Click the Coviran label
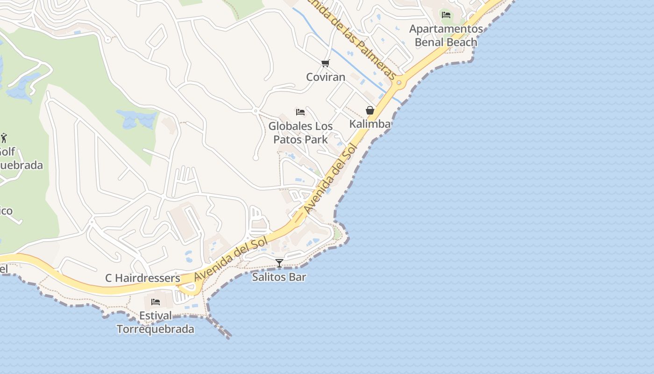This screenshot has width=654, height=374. [x=326, y=77]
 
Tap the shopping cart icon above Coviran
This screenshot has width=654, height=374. [x=326, y=63]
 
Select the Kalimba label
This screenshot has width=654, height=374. [x=370, y=124]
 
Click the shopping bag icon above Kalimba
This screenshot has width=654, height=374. [x=370, y=110]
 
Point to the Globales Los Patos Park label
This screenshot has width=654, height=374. [x=300, y=133]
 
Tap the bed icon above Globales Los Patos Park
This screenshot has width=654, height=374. [x=300, y=112]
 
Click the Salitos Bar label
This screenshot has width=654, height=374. [x=279, y=277]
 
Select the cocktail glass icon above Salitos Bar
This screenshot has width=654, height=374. [x=279, y=263]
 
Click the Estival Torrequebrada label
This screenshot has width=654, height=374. [x=156, y=322]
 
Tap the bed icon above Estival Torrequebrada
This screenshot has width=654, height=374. [x=156, y=302]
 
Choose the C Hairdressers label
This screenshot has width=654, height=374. [x=142, y=278]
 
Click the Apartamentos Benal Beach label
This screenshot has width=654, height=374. [x=446, y=36]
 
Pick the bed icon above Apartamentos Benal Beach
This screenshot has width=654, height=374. [x=446, y=14]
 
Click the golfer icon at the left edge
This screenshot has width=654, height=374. [x=4, y=138]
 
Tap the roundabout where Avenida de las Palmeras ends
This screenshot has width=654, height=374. [x=398, y=83]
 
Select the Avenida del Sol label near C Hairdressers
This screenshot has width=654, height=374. [x=231, y=258]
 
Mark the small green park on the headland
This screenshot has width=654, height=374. [x=337, y=232]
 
